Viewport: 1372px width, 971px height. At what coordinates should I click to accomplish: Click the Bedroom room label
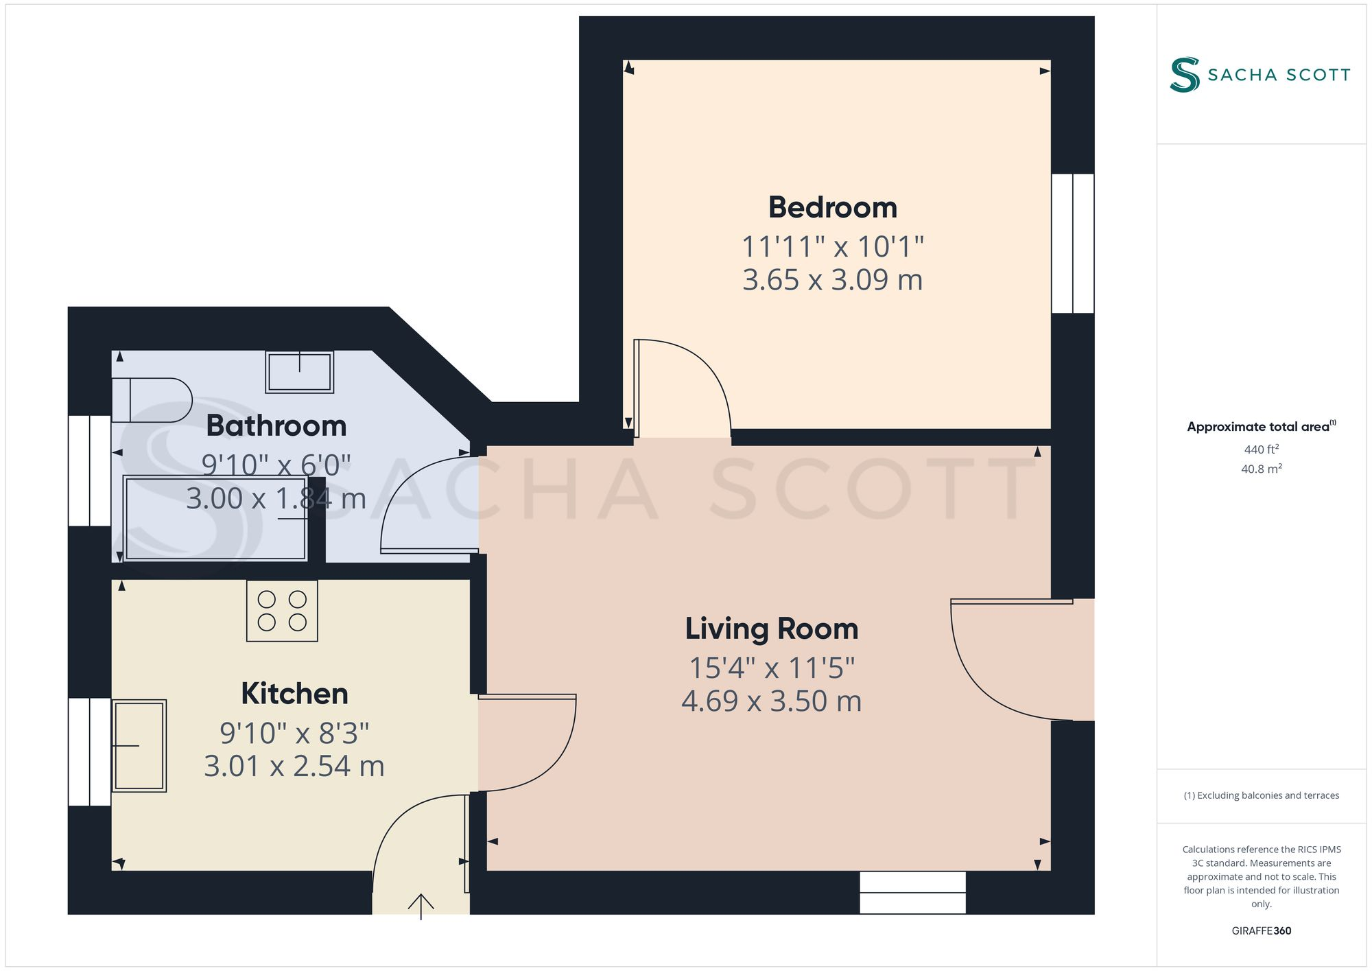click(832, 208)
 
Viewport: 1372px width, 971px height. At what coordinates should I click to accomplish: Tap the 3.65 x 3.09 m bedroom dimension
click(832, 280)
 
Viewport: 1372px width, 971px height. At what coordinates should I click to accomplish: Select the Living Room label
click(771, 629)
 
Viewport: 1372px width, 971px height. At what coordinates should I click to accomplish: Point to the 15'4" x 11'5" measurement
click(771, 668)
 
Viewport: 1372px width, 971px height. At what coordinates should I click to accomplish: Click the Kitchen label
click(294, 694)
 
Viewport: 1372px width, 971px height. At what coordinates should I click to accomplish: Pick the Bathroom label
click(276, 426)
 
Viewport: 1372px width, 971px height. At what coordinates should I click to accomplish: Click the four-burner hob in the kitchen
click(282, 611)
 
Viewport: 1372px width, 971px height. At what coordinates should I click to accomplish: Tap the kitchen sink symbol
click(139, 745)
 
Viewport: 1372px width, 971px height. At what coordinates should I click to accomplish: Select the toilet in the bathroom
click(152, 400)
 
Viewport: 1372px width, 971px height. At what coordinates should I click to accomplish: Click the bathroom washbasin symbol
click(300, 372)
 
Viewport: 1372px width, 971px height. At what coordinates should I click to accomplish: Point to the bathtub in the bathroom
click(215, 518)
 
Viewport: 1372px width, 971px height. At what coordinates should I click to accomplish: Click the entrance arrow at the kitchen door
click(421, 905)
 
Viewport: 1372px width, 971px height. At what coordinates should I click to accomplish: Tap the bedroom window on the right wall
click(1072, 244)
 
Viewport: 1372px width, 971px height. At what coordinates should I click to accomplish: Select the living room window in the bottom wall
click(912, 892)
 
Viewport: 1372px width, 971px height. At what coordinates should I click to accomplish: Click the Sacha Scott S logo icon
click(1185, 74)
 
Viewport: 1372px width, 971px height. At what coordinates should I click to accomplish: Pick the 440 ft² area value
click(1261, 449)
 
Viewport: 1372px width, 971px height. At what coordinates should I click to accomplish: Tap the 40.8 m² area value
click(1261, 469)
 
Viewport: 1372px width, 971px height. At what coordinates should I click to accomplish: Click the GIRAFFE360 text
click(1261, 931)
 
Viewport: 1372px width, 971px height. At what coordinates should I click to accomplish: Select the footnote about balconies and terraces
click(1261, 795)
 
